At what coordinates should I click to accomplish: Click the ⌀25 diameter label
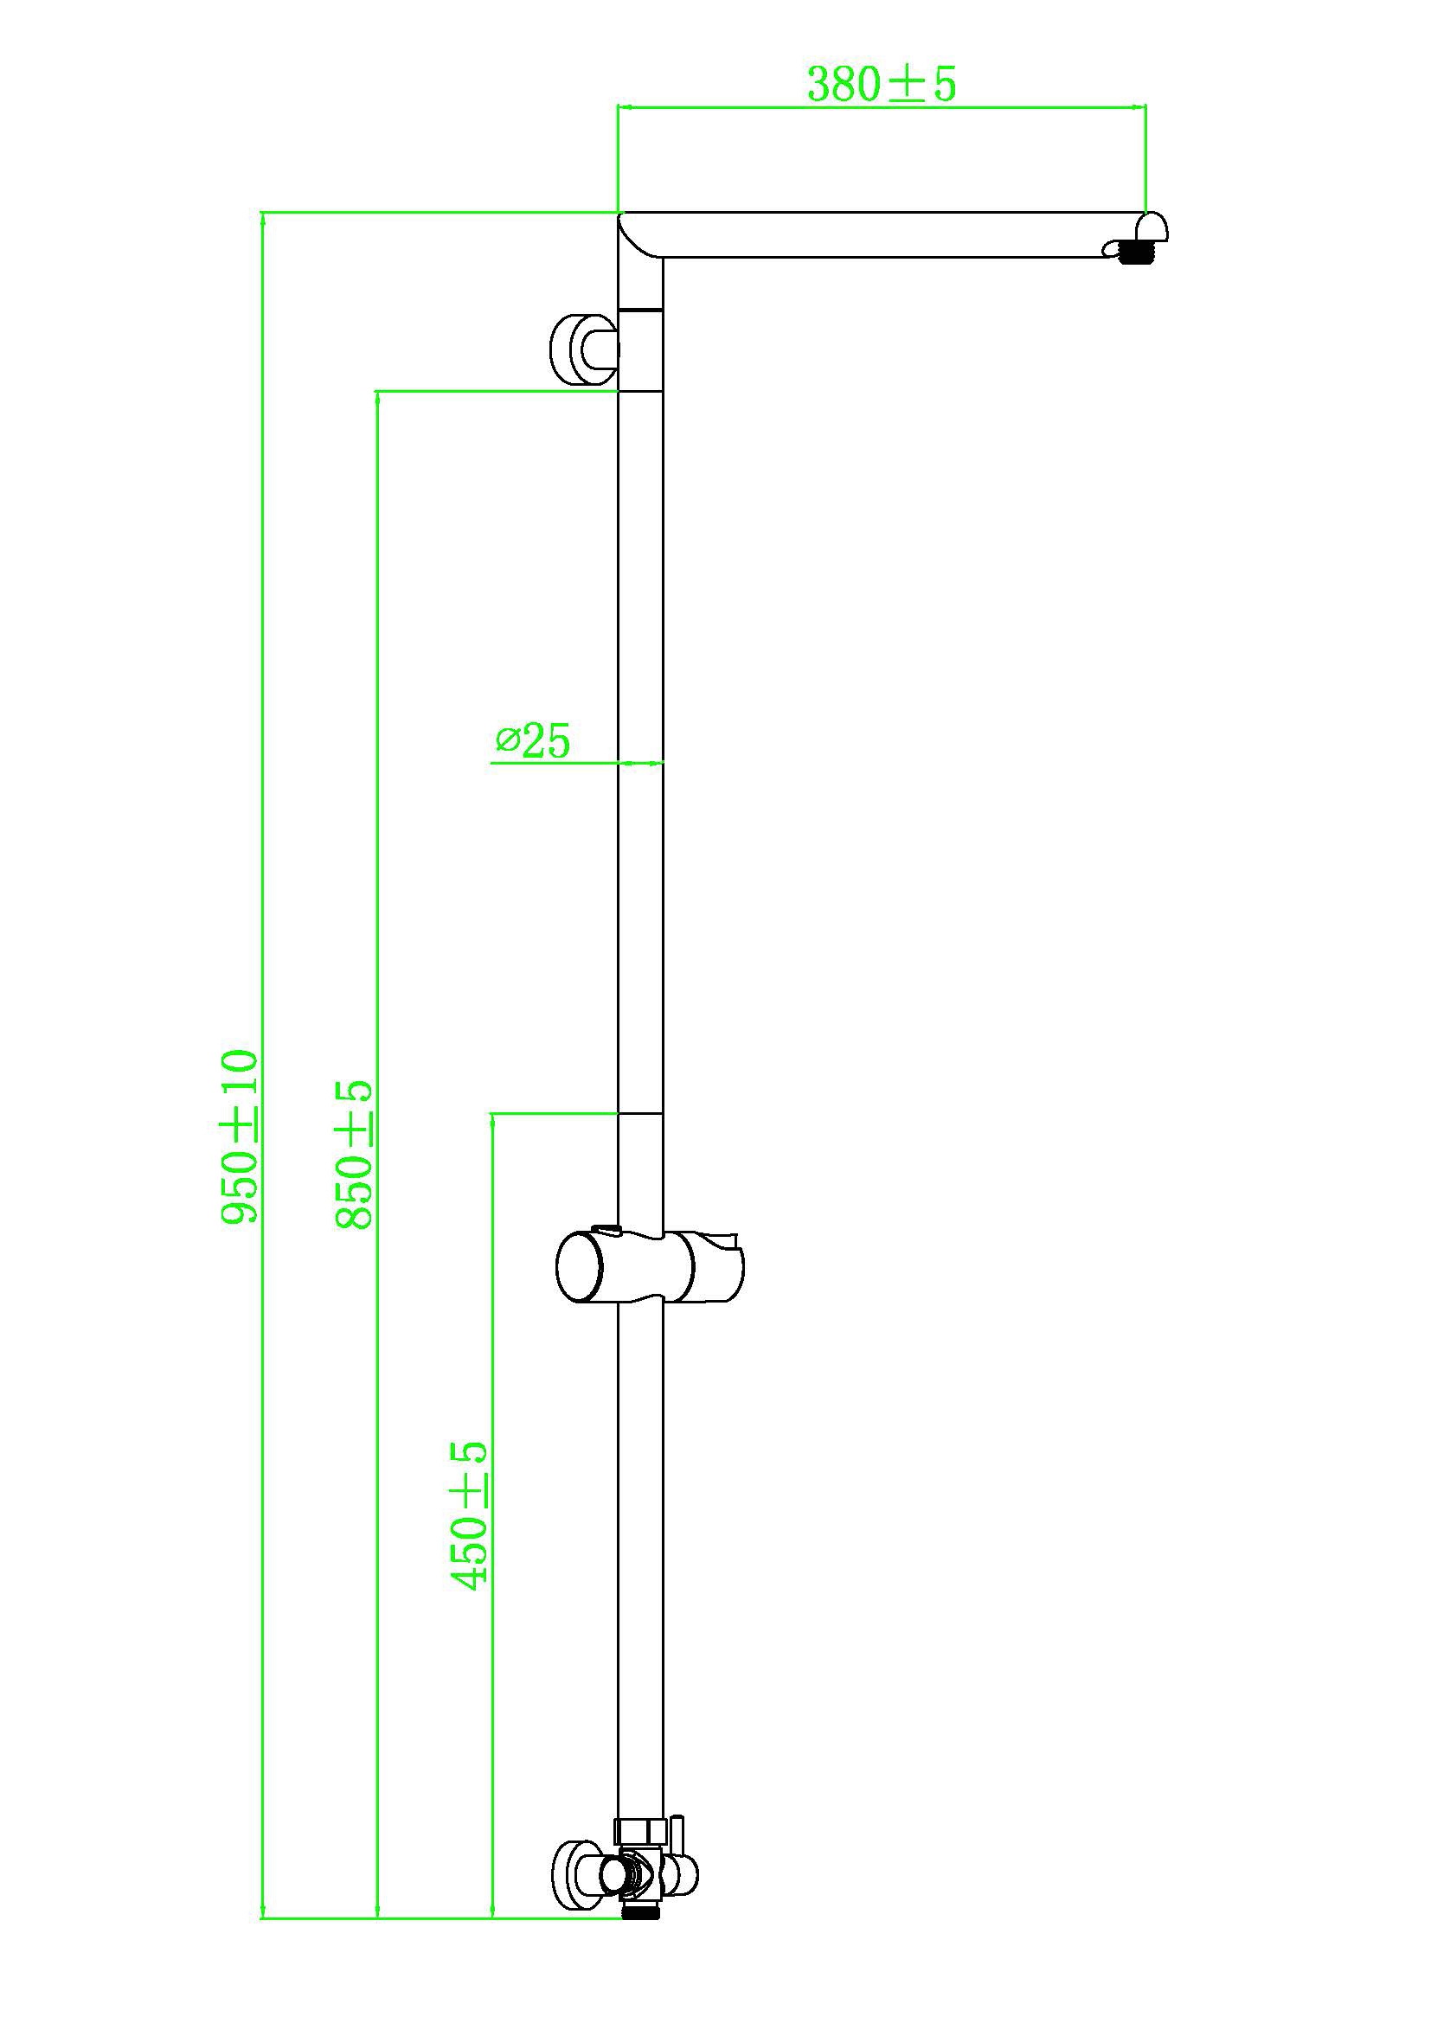pos(533,741)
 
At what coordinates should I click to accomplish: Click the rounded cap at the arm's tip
pos(1152,227)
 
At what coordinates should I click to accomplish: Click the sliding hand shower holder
pos(650,1266)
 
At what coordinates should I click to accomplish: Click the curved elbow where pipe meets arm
pos(639,236)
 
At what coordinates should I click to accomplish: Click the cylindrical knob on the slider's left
pos(579,1266)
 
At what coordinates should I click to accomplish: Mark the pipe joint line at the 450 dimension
pos(639,1114)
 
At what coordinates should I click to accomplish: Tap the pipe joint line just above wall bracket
pos(639,310)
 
